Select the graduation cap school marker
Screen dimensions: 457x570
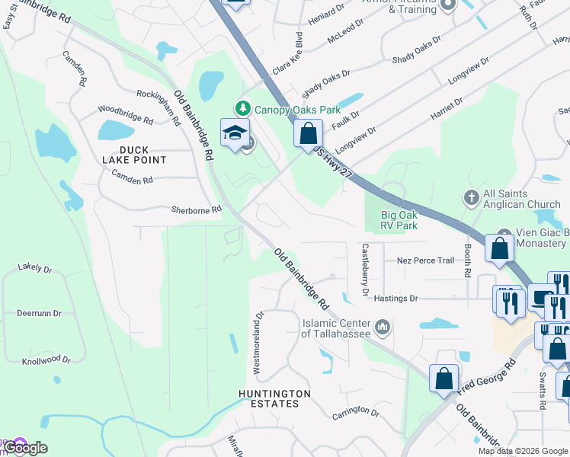click(235, 133)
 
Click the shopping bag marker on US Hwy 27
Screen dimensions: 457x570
click(307, 135)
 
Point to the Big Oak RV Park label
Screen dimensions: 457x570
click(399, 220)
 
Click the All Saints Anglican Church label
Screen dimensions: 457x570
click(521, 200)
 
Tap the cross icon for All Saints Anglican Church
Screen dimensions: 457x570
click(471, 197)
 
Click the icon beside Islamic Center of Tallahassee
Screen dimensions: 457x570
click(383, 328)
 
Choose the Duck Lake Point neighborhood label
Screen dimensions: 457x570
click(134, 155)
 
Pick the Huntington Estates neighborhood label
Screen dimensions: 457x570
click(274, 398)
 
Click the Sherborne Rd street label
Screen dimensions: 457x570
click(196, 209)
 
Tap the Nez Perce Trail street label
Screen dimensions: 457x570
click(425, 260)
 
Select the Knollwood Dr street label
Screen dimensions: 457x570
click(46, 360)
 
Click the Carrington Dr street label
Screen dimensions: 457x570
click(355, 413)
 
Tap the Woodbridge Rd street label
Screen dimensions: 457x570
click(126, 115)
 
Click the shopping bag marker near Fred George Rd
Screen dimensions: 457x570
click(444, 379)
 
